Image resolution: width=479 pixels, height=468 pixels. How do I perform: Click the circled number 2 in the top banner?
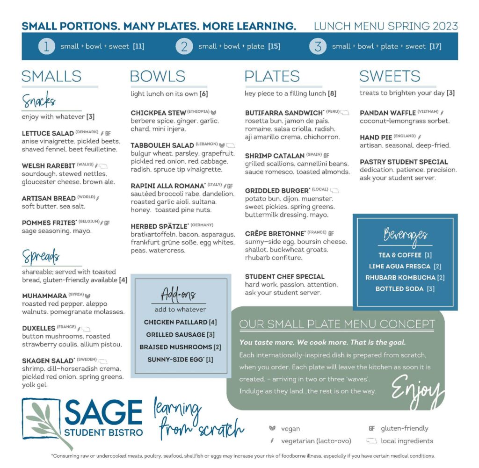[184, 46]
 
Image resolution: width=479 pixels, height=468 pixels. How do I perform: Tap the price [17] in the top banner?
[435, 46]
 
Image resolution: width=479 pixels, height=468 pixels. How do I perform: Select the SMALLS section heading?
[51, 76]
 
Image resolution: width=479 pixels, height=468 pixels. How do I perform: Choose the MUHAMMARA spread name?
[44, 296]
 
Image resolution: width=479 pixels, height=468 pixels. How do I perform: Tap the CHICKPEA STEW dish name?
[158, 113]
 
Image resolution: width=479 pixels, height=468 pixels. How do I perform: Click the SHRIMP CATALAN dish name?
[275, 156]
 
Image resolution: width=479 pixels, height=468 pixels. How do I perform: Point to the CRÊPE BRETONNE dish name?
[274, 233]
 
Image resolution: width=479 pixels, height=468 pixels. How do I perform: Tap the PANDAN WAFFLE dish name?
[388, 113]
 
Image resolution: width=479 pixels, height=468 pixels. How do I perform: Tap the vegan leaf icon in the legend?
[272, 428]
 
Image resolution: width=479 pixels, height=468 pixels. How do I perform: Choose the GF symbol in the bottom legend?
[372, 428]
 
